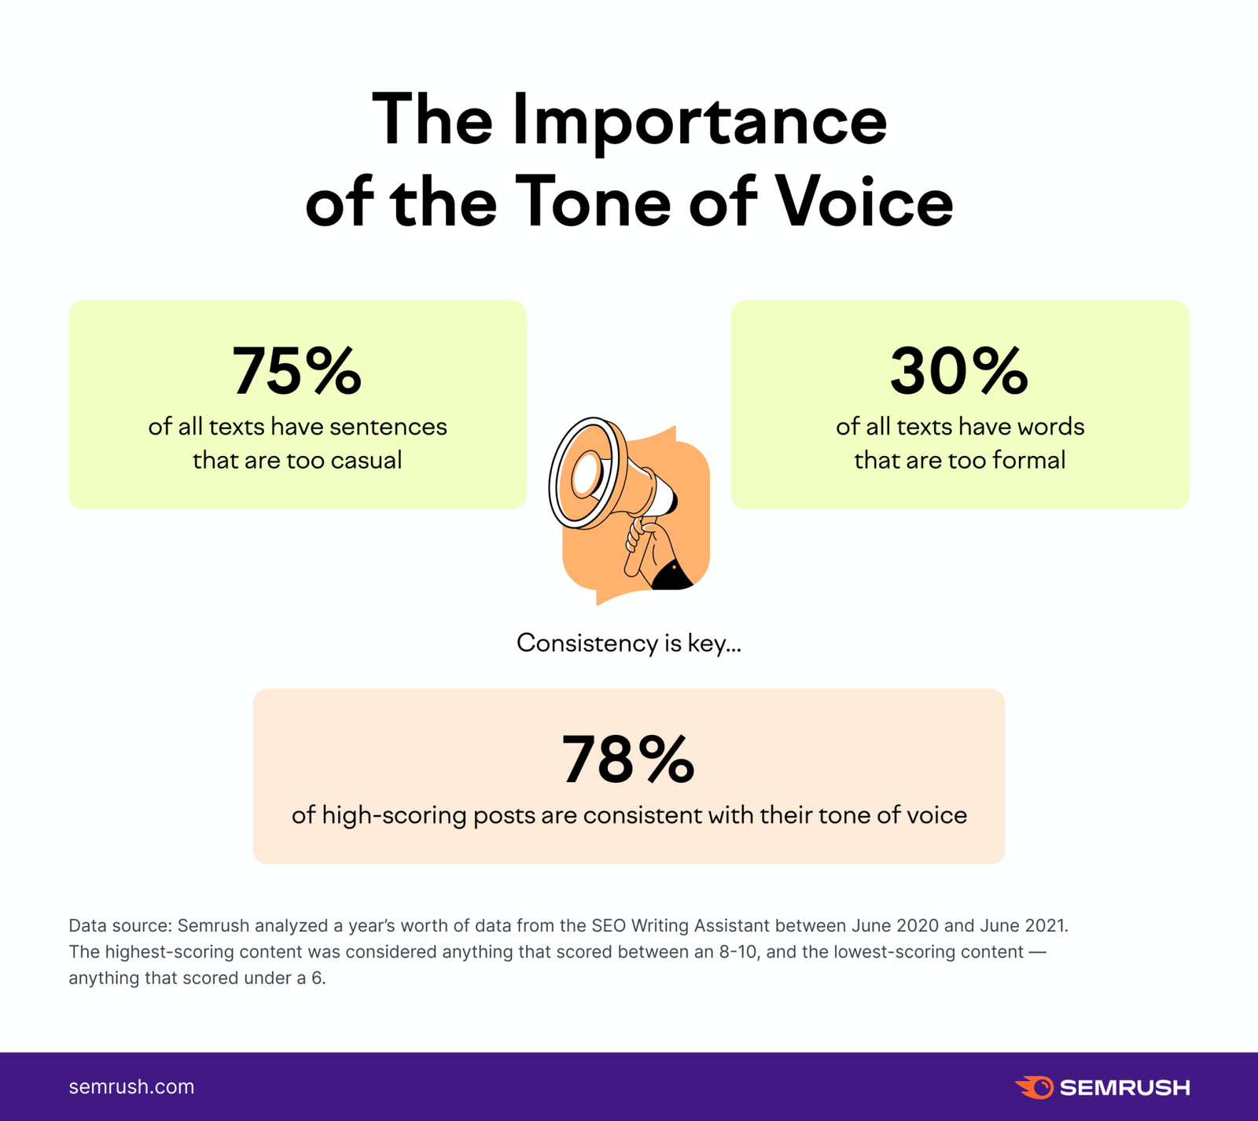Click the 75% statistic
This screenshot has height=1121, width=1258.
pyautogui.click(x=296, y=371)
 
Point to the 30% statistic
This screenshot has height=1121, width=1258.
pyautogui.click(x=958, y=371)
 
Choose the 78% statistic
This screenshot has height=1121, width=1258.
pyautogui.click(x=627, y=760)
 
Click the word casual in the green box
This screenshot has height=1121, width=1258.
pyautogui.click(x=366, y=460)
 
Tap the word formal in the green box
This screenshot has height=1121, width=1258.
pyautogui.click(x=1028, y=460)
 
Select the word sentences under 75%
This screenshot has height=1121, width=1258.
pyautogui.click(x=388, y=427)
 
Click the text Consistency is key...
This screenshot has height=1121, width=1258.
pyautogui.click(x=628, y=643)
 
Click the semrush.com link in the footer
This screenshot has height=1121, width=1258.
pyautogui.click(x=131, y=1087)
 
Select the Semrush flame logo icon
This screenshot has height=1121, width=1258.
pyautogui.click(x=1034, y=1087)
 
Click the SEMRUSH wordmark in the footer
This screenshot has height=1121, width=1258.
pyautogui.click(x=1124, y=1088)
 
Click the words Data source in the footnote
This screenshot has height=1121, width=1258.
pyautogui.click(x=118, y=925)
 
